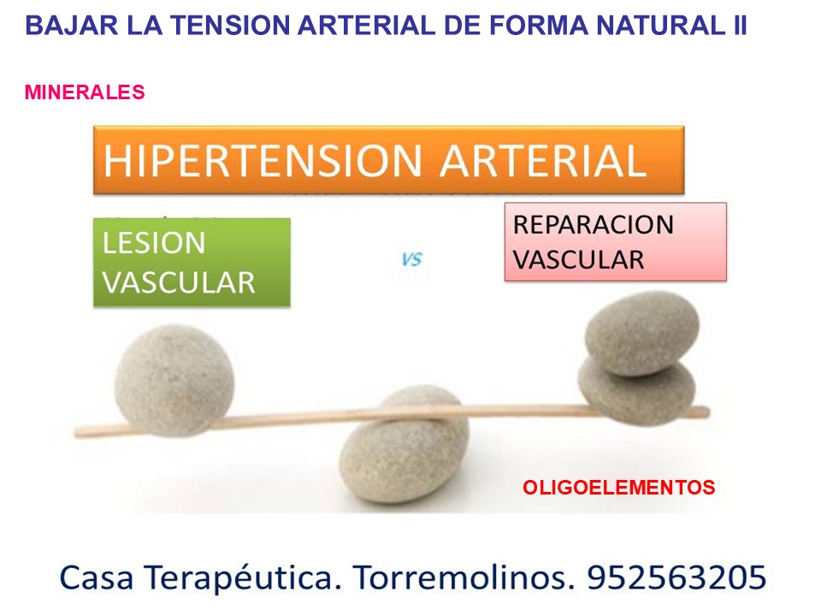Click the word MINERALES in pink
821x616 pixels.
[85, 92]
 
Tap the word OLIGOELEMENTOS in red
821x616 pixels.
[618, 489]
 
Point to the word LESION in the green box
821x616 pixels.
[154, 243]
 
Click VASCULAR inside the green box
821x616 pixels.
[179, 282]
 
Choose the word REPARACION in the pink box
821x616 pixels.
[594, 225]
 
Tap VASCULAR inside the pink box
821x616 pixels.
[579, 260]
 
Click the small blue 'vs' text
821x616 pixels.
[411, 258]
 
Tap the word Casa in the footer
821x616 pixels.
[92, 578]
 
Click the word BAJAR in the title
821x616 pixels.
[61, 25]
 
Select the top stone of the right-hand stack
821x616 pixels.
[642, 332]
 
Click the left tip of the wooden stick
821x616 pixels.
[80, 430]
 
